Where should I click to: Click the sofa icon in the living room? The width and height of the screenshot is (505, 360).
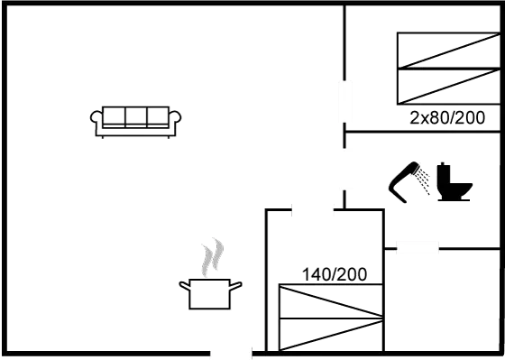click(136, 121)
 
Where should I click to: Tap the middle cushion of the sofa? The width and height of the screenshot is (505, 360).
click(136, 116)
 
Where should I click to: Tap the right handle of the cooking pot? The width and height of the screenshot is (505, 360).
click(240, 284)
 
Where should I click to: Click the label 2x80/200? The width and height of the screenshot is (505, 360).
click(447, 118)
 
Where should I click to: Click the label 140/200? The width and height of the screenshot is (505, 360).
click(334, 275)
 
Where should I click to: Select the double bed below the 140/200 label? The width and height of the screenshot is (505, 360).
click(330, 318)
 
